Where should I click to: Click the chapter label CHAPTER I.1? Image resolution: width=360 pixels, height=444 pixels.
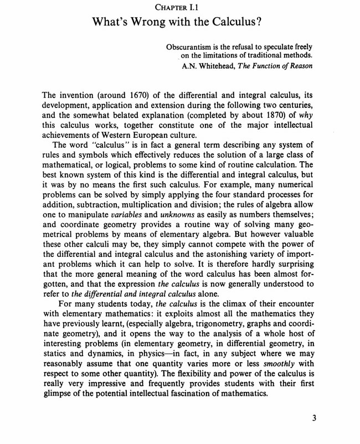179,7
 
